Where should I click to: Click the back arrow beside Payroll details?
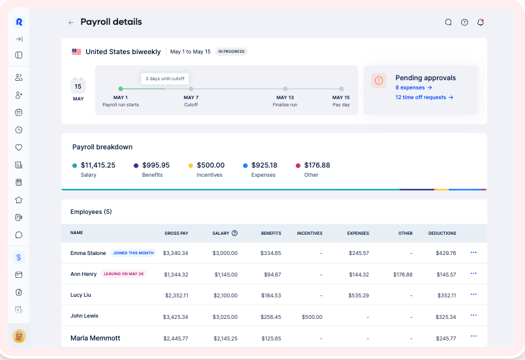pos(71,22)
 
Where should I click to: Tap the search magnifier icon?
pos(448,22)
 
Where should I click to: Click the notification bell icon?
pos(481,22)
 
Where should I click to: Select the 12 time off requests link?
pos(424,97)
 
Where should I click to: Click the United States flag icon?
pos(77,52)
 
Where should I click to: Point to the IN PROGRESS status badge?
pos(232,52)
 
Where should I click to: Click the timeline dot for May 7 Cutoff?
pos(191,89)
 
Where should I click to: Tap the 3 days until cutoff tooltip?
pos(165,78)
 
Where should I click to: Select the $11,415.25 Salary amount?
pos(98,165)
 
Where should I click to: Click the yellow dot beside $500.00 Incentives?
pos(190,166)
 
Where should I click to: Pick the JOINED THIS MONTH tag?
pos(133,253)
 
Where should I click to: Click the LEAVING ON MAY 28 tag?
pos(123,274)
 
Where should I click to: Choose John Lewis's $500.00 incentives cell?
pos(312,317)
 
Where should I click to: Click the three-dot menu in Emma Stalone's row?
pos(473,252)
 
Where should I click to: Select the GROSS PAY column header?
pos(176,233)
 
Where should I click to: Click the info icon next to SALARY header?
pos(235,233)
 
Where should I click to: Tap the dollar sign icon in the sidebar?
pos(19,257)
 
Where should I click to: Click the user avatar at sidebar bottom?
pos(19,336)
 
